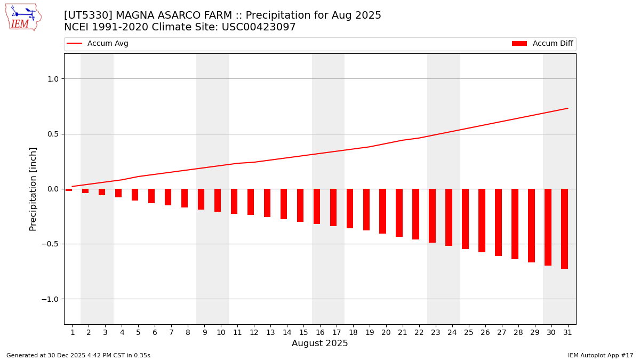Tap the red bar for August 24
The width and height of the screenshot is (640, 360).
[449, 217]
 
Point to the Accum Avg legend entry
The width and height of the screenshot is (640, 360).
[98, 44]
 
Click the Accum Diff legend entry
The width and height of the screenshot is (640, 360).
[542, 44]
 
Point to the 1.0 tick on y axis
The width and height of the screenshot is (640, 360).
[52, 79]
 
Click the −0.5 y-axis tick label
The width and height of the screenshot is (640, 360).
[50, 244]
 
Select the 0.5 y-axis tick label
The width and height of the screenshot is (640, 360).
[52, 134]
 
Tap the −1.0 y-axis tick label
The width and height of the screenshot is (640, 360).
[50, 299]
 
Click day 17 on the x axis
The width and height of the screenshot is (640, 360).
[337, 333]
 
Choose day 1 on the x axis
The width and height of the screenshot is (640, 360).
[73, 333]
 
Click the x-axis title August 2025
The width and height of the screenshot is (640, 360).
[319, 344]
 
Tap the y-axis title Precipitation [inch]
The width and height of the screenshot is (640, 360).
[33, 189]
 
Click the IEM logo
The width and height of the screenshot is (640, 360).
[23, 17]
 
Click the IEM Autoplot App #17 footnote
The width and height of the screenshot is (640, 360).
[601, 356]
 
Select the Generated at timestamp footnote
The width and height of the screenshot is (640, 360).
[78, 356]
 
